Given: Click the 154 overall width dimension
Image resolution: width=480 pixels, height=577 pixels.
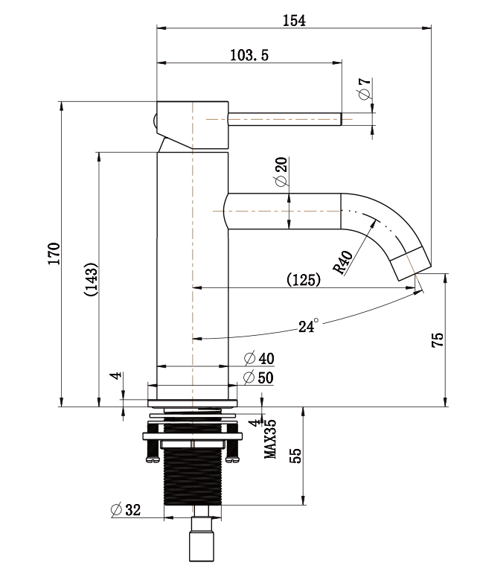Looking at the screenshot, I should (294, 21).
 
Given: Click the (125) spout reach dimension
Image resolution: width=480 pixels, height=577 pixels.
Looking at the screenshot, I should (304, 281).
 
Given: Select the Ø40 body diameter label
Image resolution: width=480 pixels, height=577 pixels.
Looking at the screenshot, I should (258, 359).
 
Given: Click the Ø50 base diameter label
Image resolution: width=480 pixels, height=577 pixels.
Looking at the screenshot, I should (258, 377).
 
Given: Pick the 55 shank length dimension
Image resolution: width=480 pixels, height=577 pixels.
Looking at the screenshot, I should (295, 456).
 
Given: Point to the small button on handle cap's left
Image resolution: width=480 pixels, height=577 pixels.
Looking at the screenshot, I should (154, 118).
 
